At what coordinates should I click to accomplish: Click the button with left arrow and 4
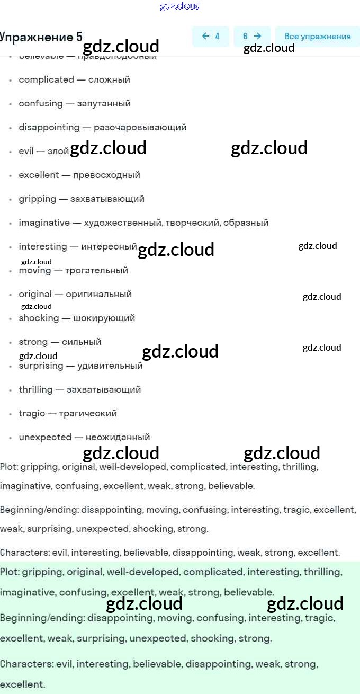tap(211, 37)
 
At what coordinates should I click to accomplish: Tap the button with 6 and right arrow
tap(252, 37)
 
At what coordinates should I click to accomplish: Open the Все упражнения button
tap(318, 37)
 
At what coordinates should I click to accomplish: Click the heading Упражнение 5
tap(41, 37)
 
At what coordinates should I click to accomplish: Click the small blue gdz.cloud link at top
tap(180, 6)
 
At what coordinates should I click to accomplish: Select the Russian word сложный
tap(109, 79)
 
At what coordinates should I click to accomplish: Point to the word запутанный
tap(104, 103)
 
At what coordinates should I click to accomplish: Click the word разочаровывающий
tap(140, 127)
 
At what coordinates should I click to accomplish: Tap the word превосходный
tap(106, 175)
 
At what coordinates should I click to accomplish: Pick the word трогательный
tap(96, 270)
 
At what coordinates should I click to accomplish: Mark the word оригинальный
tap(98, 294)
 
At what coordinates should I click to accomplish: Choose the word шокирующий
tap(103, 318)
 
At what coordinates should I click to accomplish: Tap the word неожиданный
tap(118, 437)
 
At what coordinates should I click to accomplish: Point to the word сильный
tap(82, 342)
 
